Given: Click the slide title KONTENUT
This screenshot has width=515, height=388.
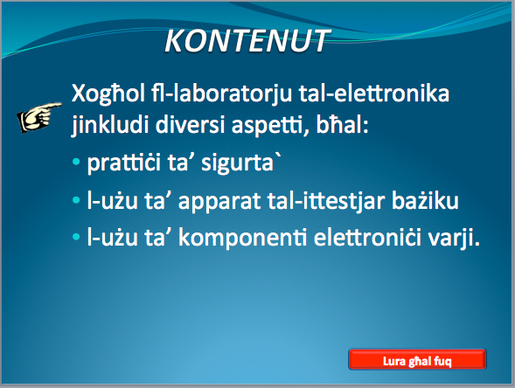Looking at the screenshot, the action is tap(247, 41).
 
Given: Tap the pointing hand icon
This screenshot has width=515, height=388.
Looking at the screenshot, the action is tap(39, 117).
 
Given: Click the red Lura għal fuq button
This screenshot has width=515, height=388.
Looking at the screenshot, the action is tap(417, 359).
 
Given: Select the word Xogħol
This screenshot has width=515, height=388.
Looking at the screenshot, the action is tap(108, 94).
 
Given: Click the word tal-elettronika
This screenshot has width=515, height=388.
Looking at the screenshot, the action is tap(373, 93).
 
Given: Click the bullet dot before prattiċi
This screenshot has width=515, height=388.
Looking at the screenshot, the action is tap(76, 162).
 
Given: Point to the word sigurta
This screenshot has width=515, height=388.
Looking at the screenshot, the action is tap(238, 163).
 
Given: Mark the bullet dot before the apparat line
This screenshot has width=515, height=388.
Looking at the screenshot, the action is tap(76, 199).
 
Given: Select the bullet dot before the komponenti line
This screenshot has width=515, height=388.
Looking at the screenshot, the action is tap(76, 236).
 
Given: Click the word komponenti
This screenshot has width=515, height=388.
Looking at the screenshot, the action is tap(243, 238).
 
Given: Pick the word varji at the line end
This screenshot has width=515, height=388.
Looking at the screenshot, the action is tap(451, 238).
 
